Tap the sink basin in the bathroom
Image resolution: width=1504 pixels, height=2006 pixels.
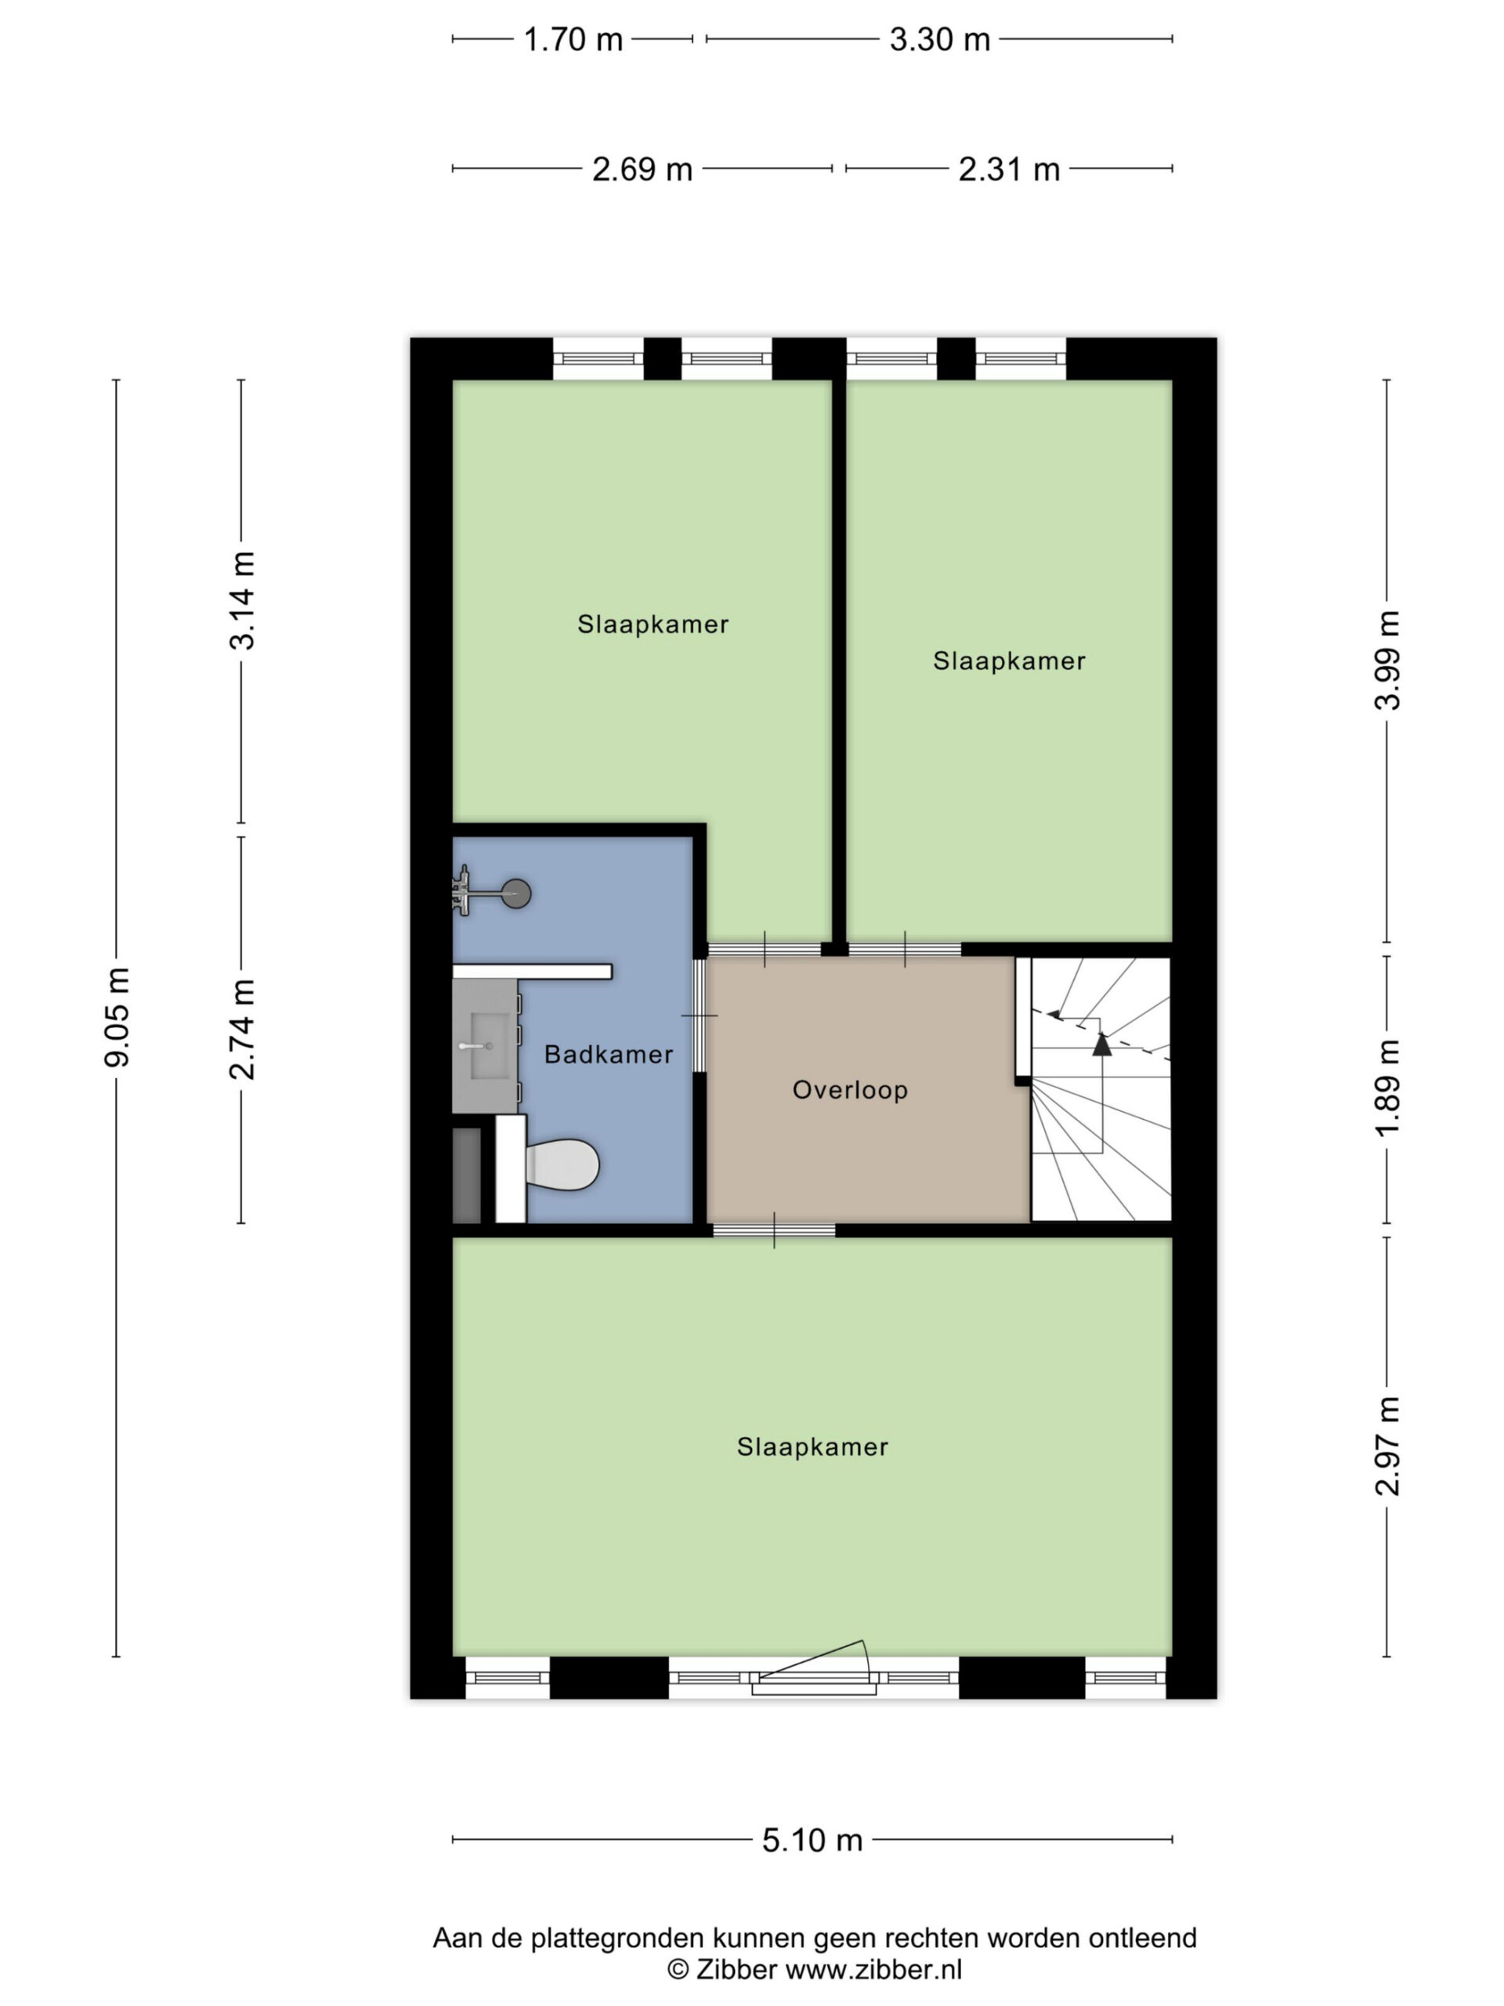485,1045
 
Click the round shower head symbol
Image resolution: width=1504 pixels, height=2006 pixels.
517,893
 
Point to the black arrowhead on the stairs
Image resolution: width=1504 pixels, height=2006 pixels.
1101,1044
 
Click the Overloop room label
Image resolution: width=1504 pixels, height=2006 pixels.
849,1089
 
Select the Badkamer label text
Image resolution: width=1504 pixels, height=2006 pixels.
609,1054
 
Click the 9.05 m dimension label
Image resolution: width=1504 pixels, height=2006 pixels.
117,1016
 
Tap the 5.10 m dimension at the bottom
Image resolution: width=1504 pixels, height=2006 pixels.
812,1840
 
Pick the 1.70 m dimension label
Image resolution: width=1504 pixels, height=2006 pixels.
573,40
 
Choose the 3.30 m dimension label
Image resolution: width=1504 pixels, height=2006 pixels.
939,40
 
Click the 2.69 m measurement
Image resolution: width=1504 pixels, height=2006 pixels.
642,169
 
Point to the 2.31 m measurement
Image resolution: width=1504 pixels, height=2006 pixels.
1009,169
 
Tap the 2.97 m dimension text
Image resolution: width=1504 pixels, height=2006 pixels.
1388,1446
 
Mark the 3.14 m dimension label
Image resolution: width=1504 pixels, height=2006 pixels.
243,600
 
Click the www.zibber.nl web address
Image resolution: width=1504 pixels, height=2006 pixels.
873,1969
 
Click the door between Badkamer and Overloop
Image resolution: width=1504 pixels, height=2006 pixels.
699,1016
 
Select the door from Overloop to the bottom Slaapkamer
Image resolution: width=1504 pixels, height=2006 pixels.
773,1230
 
